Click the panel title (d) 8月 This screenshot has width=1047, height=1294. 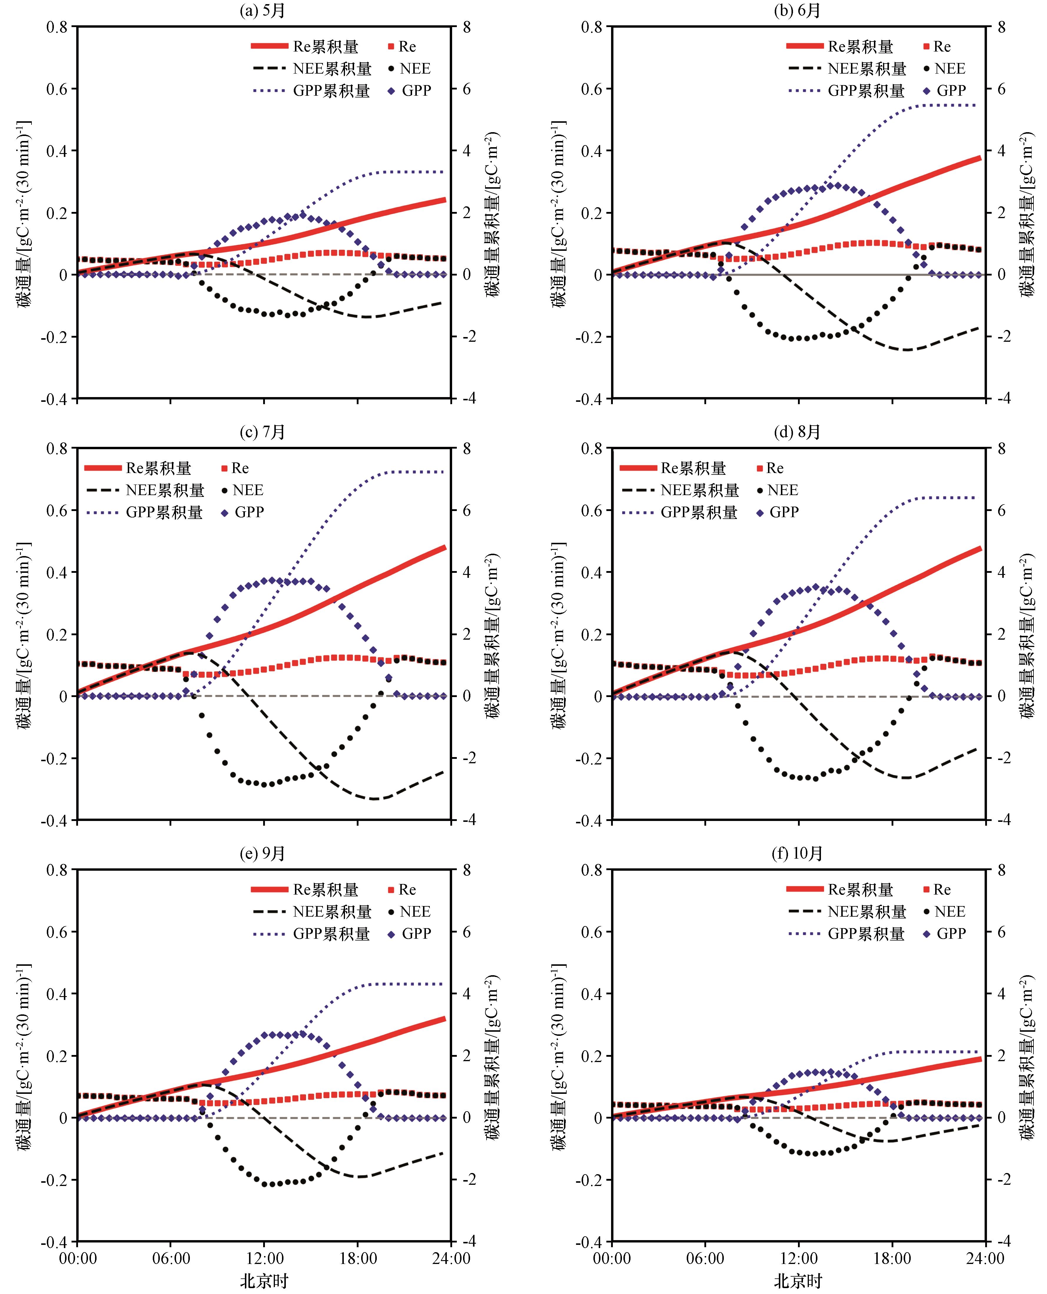coord(797,432)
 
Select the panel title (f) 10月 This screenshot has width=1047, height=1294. coord(797,854)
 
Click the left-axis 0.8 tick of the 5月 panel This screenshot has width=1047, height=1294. coord(57,27)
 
